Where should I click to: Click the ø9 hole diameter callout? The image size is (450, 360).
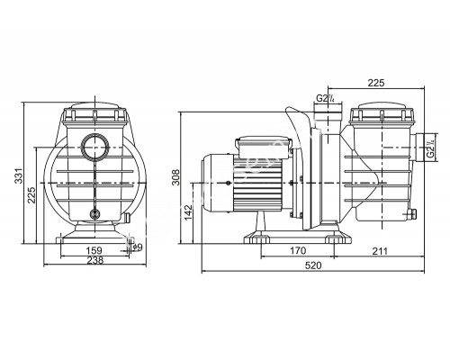[136, 247]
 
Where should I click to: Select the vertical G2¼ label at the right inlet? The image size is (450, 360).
[432, 141]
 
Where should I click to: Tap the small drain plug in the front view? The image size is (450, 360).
[96, 214]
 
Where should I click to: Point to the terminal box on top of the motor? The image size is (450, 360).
[259, 146]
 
